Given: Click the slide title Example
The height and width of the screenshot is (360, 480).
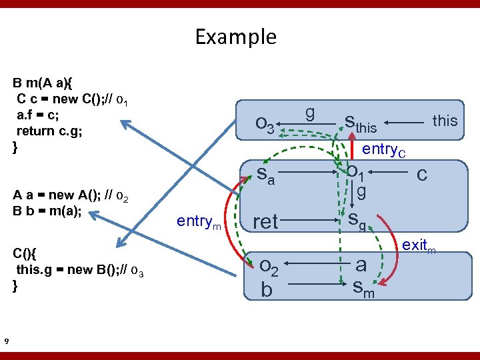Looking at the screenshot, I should point(235,36).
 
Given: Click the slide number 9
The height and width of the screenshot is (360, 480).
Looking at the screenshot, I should point(6,342).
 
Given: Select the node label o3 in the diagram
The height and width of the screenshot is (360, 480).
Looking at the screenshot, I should point(265,125).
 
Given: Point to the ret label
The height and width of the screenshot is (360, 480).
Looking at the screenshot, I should point(265,221).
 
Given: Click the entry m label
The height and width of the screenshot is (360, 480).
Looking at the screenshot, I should point(198,221).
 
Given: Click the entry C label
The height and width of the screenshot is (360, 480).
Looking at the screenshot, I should point(383,150).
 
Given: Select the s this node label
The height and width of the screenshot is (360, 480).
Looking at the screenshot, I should point(360,123).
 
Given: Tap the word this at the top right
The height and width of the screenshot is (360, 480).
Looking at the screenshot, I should point(445,121).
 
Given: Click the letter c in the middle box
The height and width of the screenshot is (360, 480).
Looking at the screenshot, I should point(421,174).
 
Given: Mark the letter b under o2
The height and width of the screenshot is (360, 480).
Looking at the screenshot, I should point(267,291).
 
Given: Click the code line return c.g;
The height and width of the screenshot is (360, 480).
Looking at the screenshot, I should point(49,131).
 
